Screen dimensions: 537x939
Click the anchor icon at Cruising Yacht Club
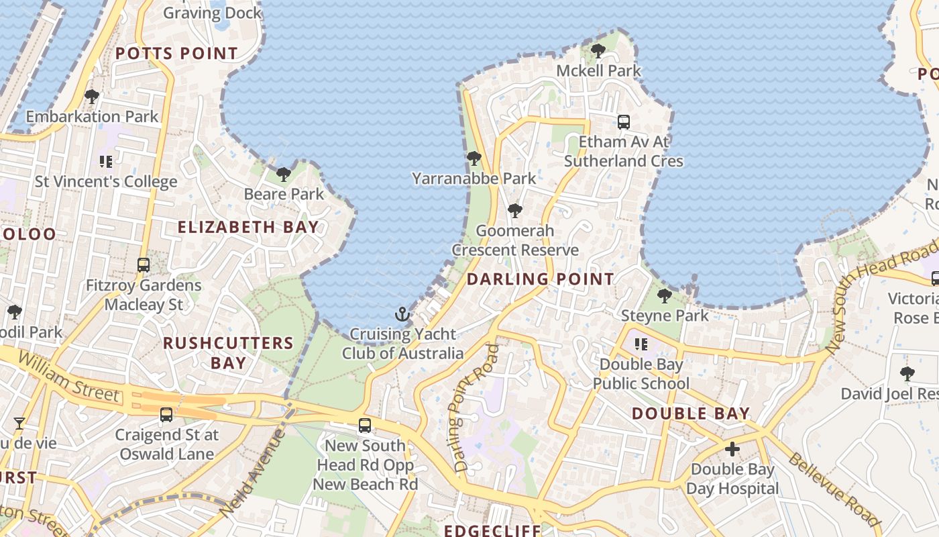[x=402, y=313]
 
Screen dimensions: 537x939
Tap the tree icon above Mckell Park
[x=598, y=50]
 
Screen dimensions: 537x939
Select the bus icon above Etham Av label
[x=624, y=121]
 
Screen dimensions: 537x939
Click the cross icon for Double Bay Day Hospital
[x=732, y=448]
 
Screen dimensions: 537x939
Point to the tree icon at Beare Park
[x=284, y=175]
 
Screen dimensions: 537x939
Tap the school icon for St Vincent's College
[x=105, y=161]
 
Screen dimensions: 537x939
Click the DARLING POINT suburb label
[x=540, y=279]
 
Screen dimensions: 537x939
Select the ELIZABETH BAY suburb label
[x=248, y=227]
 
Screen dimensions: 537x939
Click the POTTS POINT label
[x=177, y=53]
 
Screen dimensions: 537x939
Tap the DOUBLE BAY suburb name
[x=691, y=413]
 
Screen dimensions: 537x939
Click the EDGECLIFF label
[x=492, y=530]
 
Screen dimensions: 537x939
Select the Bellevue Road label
[x=833, y=490]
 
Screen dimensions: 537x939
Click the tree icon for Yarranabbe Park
[x=474, y=158]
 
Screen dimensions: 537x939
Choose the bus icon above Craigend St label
[x=166, y=415]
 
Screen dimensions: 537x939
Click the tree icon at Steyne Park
[x=665, y=295]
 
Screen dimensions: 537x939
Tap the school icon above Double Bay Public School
[x=641, y=344]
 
